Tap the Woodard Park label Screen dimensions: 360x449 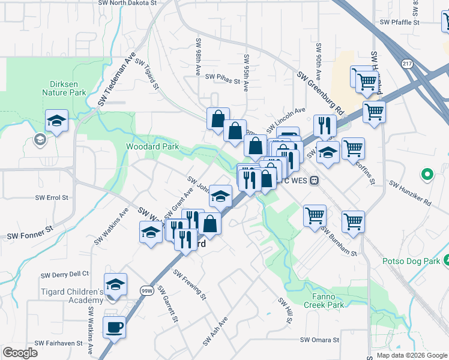coord(152,146)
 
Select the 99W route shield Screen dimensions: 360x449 coord(147,291)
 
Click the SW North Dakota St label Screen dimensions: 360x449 coord(128,3)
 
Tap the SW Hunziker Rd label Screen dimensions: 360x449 coord(410,193)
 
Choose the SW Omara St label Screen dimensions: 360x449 coord(320,340)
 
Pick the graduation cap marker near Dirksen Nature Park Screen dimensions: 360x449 coord(56,121)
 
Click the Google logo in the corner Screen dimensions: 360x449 coord(20,353)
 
